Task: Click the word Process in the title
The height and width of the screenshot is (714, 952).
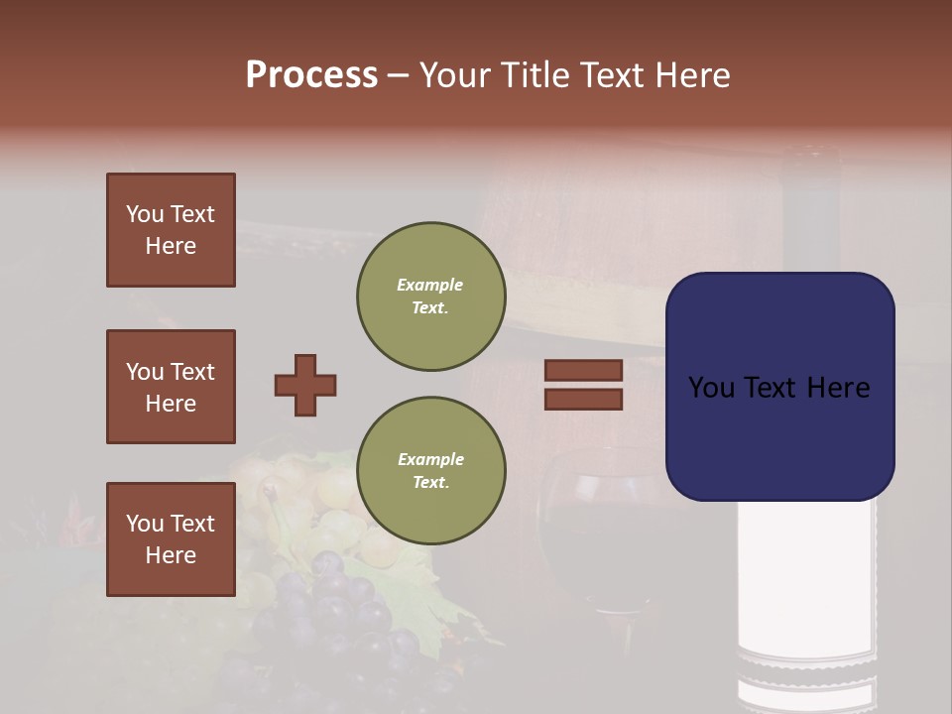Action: coord(311,75)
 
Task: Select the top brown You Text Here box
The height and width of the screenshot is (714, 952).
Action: coord(171,230)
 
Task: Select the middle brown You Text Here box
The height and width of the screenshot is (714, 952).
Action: coord(171,387)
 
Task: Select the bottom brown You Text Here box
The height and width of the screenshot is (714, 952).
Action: coord(171,539)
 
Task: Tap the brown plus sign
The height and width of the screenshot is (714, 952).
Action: coord(305,385)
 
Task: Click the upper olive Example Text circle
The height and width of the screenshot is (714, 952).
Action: coord(430,297)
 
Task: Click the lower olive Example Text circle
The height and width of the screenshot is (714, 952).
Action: coord(430,471)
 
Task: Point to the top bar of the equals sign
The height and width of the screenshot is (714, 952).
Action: coord(583,370)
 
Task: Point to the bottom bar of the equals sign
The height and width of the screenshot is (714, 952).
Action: coord(583,400)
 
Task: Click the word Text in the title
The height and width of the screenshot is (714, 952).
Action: coord(612,75)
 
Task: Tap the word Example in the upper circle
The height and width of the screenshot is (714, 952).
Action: coord(430,285)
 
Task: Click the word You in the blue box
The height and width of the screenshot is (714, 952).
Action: coord(710,388)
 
